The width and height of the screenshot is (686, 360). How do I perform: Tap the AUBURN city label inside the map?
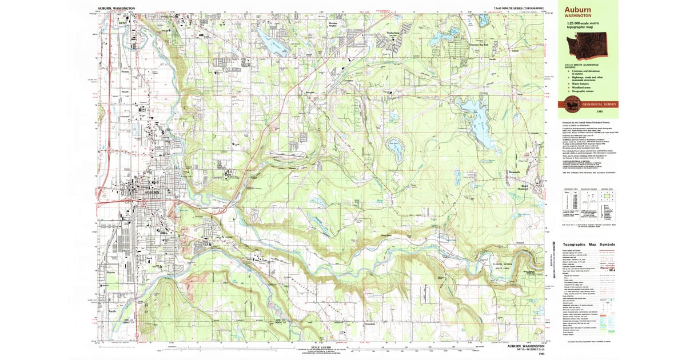click(143, 193)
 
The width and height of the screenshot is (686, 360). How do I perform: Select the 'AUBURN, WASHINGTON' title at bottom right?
click(521, 346)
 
